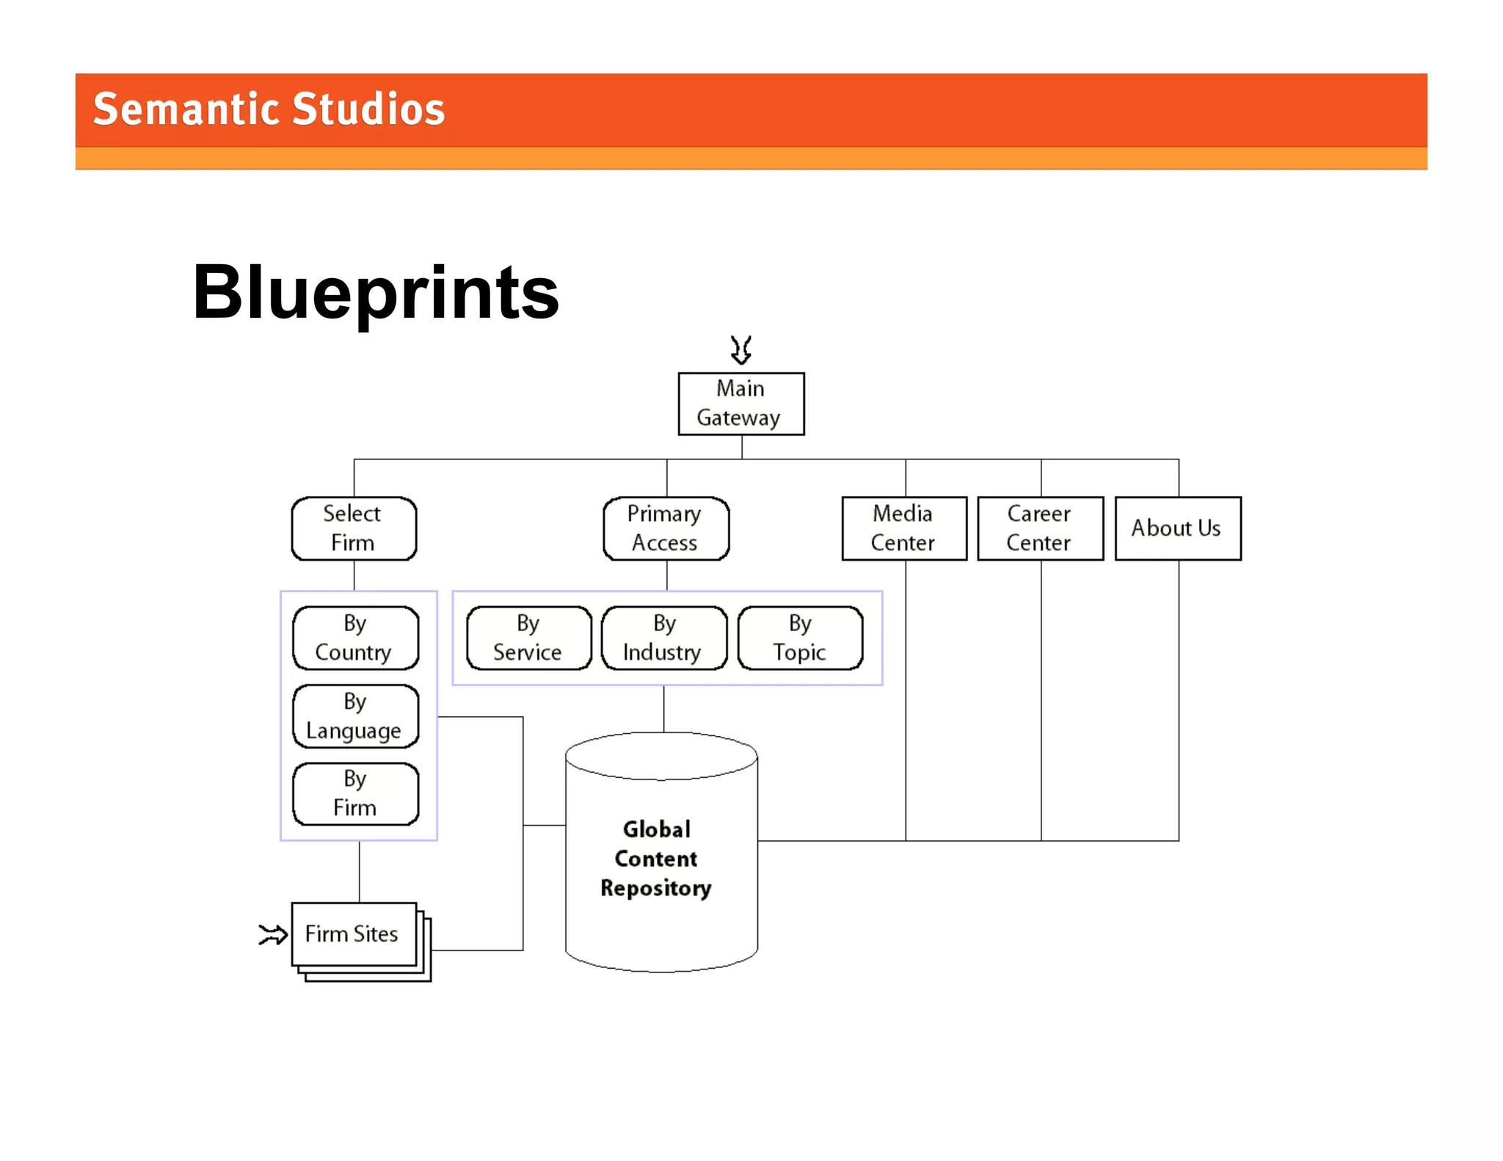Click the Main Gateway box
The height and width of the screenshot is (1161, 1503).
(x=740, y=404)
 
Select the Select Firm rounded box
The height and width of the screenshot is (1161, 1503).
(x=354, y=528)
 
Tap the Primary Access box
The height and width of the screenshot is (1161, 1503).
(x=666, y=528)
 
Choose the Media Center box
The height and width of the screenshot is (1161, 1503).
(x=903, y=528)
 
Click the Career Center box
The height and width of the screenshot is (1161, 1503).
(x=1039, y=528)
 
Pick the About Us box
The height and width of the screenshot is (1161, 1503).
(x=1177, y=528)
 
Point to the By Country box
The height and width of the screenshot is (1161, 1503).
(x=355, y=638)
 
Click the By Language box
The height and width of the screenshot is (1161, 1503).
(x=355, y=716)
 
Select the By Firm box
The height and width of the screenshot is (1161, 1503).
(x=355, y=794)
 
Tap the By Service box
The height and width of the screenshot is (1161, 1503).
(x=528, y=638)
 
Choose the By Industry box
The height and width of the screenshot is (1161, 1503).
(x=663, y=638)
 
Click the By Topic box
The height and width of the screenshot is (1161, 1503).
(x=800, y=638)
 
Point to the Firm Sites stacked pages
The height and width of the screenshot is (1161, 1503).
(x=354, y=934)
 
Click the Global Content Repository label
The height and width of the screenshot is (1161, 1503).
(x=656, y=859)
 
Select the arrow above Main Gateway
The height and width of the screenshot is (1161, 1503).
(x=741, y=350)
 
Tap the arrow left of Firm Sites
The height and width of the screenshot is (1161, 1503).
(x=273, y=934)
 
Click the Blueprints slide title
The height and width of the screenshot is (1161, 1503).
(x=376, y=293)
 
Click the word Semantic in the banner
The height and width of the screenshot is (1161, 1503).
(x=187, y=110)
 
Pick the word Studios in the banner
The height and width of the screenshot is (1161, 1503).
(x=368, y=110)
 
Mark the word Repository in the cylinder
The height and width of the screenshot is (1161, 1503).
(x=656, y=889)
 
